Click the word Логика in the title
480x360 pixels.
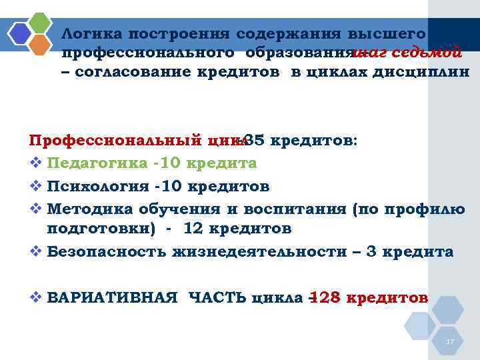[x=91, y=33]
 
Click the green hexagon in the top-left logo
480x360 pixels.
[x=41, y=22]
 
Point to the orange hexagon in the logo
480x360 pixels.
[x=41, y=44]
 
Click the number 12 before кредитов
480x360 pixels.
[x=192, y=229]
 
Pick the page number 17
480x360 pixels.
[x=450, y=341]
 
